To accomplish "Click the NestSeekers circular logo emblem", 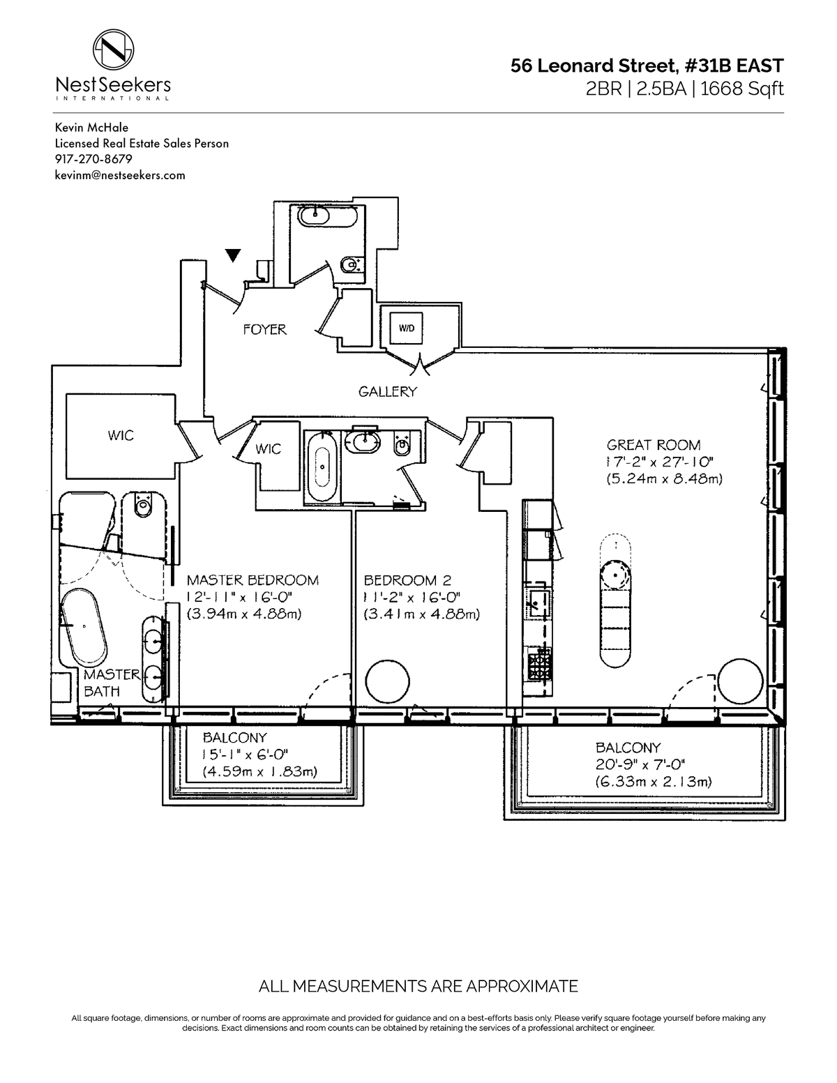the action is tap(113, 50).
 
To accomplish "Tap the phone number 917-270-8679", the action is tap(93, 159).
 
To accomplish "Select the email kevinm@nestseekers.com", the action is tap(120, 175).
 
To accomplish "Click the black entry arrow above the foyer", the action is tap(233, 255).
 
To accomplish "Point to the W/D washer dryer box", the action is tap(406, 328).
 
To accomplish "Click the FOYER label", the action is tap(265, 329).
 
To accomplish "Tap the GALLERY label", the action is tap(387, 392).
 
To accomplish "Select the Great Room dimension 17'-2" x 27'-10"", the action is tap(660, 462).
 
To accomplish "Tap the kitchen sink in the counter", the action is tap(539, 603).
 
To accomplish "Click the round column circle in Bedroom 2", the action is tap(387, 681).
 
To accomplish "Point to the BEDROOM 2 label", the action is tap(407, 580).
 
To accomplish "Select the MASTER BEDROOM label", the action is tap(252, 580).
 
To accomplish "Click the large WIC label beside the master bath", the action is tap(121, 436).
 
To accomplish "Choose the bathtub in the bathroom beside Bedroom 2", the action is tap(322, 467).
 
